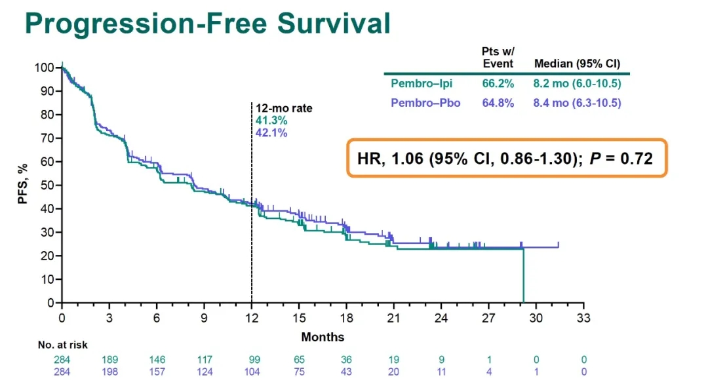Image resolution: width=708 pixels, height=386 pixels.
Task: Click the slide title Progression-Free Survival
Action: click(x=207, y=24)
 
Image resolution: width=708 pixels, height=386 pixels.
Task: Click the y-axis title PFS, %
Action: click(x=23, y=185)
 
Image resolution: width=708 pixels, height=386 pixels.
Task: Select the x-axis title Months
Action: click(x=323, y=337)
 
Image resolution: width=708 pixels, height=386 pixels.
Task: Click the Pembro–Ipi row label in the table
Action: click(x=422, y=84)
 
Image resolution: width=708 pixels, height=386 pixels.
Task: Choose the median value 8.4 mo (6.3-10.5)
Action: click(x=578, y=103)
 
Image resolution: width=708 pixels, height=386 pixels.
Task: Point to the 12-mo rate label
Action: click(x=284, y=109)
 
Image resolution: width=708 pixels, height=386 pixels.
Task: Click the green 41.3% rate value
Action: click(x=271, y=121)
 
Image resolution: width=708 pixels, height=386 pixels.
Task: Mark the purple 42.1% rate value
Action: click(x=271, y=132)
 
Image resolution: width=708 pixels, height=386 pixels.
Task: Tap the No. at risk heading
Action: click(x=62, y=345)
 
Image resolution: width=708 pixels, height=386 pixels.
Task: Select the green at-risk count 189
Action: click(x=109, y=360)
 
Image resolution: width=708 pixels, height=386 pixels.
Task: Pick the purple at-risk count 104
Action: click(x=252, y=372)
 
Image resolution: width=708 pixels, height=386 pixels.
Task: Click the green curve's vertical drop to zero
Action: click(x=523, y=275)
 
